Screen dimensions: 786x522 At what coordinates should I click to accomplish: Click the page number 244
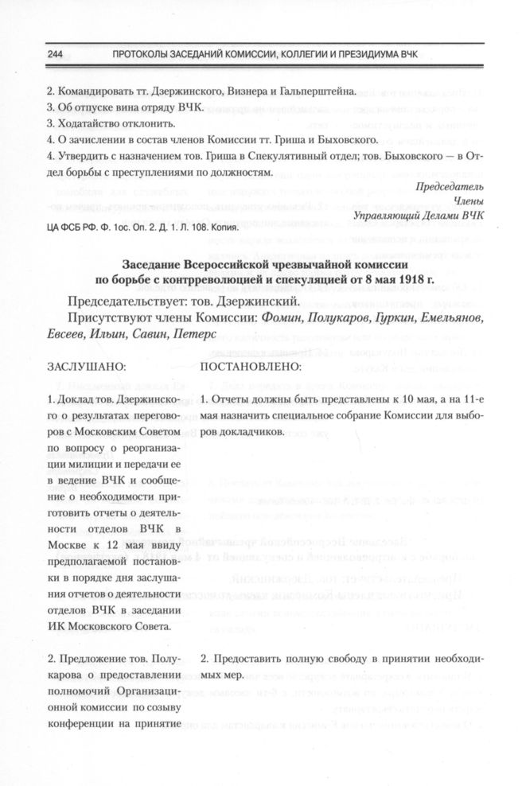pos(33,54)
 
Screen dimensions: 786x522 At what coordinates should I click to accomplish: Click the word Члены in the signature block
pos(469,200)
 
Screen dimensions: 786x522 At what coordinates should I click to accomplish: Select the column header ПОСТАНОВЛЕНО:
pos(251,368)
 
